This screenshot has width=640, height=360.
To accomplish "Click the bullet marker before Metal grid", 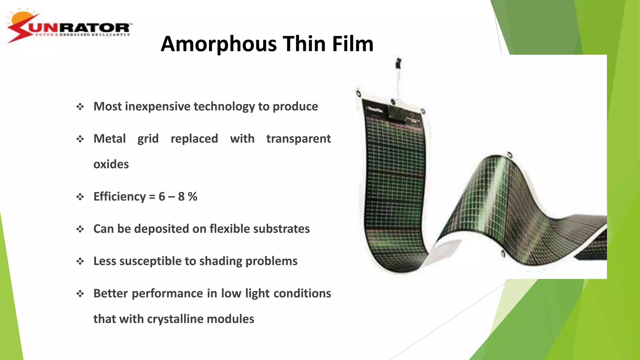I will [x=80, y=139].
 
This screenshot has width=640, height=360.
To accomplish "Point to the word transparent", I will [x=298, y=139].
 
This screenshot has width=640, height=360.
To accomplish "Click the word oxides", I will [x=111, y=164].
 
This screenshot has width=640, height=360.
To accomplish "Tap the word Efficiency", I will [x=119, y=197].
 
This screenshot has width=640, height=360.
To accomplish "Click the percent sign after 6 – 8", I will [x=192, y=197].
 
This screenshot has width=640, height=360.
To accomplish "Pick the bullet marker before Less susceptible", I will [x=80, y=261].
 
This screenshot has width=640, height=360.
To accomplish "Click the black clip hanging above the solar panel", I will [x=398, y=63].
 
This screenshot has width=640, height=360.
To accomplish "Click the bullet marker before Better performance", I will [x=80, y=294].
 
